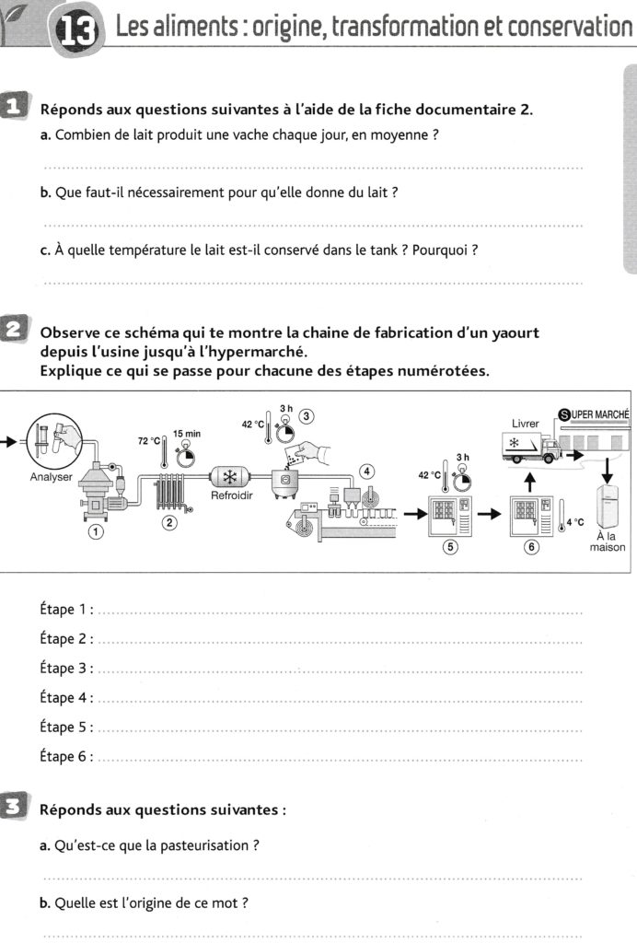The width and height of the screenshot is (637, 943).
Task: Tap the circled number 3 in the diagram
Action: [307, 415]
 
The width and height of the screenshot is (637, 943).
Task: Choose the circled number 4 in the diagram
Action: [367, 471]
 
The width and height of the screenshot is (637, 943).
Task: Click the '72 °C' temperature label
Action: [149, 441]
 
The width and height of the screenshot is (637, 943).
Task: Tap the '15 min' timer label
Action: [187, 433]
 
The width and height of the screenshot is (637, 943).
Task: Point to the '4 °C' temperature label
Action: [573, 522]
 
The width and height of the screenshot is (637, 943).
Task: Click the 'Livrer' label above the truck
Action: [525, 423]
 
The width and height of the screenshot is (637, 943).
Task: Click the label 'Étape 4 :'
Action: [66, 698]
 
